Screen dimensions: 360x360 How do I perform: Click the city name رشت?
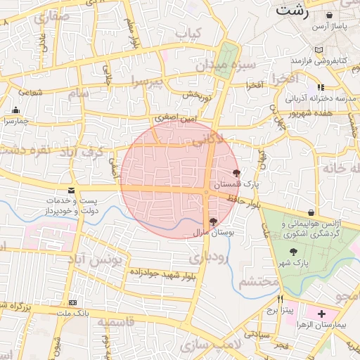tap(292, 10)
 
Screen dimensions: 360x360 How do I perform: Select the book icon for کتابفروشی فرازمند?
tap(319, 50)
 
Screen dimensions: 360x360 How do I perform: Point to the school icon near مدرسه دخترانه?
tap(321, 87)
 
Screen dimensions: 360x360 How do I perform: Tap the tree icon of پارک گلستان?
tap(236, 172)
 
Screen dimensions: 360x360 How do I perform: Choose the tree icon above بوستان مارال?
tap(213, 221)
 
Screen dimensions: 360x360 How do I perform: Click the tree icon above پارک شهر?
tap(293, 251)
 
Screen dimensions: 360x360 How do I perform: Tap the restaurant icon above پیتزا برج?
tap(280, 299)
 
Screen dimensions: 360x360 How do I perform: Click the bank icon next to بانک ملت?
tap(70, 302)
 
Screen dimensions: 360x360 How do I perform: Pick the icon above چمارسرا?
tap(15, 110)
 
